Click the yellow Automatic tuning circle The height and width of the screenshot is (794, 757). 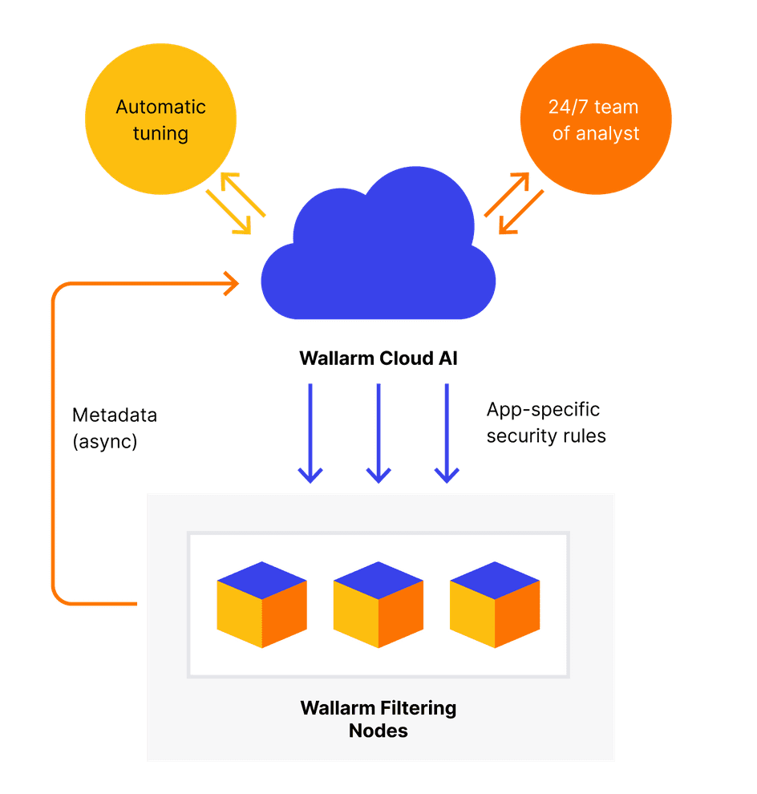160,119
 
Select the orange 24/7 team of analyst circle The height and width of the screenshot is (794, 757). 596,119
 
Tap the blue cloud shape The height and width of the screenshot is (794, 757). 378,243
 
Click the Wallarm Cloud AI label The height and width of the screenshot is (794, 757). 378,358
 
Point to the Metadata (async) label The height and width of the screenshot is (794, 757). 115,428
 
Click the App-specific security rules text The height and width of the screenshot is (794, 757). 546,423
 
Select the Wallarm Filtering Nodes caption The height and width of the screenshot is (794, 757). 378,719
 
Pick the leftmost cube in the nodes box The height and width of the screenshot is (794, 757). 261,605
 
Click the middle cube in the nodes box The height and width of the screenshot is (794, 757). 378,605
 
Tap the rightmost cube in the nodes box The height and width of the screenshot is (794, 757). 495,605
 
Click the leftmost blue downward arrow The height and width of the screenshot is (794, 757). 310,433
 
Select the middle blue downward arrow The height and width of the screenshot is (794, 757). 378,433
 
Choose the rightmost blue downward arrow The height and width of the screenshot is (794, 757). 447,433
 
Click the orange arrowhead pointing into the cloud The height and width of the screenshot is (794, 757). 233,284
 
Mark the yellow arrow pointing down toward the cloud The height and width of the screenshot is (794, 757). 229,213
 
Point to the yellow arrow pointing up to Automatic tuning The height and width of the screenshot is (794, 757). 242,194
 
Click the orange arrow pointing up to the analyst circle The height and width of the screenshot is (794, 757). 507,194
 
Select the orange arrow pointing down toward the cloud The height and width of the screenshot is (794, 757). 521,213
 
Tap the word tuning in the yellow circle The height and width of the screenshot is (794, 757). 160,134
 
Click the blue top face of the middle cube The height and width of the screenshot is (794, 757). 378,581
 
